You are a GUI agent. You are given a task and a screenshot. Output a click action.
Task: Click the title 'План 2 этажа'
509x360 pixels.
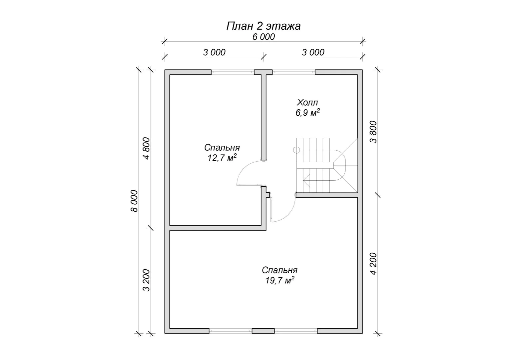263,26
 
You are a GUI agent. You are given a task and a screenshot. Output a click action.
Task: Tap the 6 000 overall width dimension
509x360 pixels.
263,37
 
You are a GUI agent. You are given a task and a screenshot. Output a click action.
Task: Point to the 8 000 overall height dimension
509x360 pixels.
134,201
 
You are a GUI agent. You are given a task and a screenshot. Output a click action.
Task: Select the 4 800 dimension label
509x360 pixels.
146,148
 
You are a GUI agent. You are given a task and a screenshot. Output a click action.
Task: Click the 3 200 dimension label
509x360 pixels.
146,280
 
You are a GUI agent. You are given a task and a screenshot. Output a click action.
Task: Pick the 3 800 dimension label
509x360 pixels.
373,132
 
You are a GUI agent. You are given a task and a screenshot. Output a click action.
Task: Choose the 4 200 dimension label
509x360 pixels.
373,264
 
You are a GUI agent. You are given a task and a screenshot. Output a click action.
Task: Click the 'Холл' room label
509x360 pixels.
307,103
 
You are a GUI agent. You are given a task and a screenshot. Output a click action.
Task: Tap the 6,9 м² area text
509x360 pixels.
307,113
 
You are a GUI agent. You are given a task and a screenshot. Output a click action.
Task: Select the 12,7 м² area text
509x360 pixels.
222,157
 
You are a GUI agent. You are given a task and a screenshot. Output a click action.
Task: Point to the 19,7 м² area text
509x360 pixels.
279,280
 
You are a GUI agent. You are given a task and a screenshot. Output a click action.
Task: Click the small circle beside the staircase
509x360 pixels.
296,150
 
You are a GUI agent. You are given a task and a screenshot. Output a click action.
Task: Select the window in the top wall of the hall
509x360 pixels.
293,72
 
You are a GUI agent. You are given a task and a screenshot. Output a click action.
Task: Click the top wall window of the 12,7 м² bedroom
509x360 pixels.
233,72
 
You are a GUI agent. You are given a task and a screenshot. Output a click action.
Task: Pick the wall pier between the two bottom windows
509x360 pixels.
263,331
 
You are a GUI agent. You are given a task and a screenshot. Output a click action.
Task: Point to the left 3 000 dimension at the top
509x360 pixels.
214,53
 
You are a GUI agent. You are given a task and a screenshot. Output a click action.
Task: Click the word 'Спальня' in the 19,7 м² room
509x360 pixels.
279,270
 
